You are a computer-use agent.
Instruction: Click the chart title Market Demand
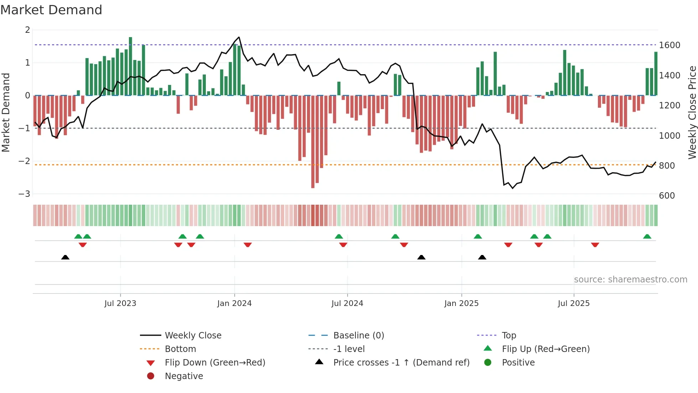click(51, 10)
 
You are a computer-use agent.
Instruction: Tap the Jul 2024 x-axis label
click(347, 303)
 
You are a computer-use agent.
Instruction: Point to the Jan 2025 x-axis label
click(462, 303)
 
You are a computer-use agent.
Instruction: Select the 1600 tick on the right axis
click(670, 45)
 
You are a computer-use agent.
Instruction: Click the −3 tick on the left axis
click(25, 194)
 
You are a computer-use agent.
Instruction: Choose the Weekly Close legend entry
click(193, 335)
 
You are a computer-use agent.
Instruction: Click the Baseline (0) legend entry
click(359, 335)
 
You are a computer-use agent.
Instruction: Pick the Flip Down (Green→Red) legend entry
click(215, 362)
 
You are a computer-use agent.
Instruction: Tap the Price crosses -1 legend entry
click(401, 362)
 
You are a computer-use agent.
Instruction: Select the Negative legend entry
click(184, 376)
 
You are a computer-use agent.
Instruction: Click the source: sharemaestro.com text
click(630, 279)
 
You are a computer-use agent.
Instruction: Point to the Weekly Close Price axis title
click(692, 112)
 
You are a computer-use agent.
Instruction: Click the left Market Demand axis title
click(6, 112)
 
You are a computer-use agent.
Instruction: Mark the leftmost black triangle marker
click(65, 257)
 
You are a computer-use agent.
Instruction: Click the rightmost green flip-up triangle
click(647, 236)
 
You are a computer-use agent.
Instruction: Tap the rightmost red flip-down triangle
click(595, 245)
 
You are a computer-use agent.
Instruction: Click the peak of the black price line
click(239, 37)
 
